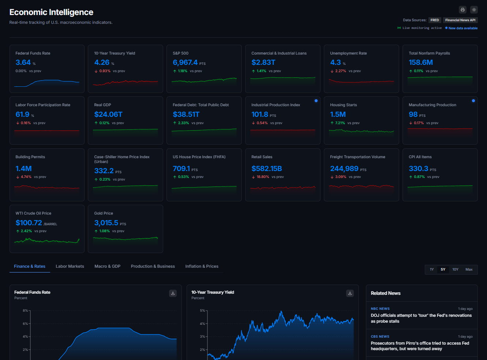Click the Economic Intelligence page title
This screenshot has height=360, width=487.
pyautogui.click(x=51, y=12)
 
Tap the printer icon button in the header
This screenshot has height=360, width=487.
pyautogui.click(x=462, y=10)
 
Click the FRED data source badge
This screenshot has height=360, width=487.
pyautogui.click(x=435, y=20)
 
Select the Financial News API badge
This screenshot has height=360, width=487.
pyautogui.click(x=460, y=20)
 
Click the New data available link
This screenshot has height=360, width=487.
pyautogui.click(x=463, y=28)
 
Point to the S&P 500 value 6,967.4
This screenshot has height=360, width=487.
pyautogui.click(x=185, y=63)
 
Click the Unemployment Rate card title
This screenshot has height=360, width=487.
pyautogui.click(x=348, y=53)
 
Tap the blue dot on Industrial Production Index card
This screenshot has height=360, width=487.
pyautogui.click(x=316, y=101)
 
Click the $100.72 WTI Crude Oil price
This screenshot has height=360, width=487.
pyautogui.click(x=29, y=223)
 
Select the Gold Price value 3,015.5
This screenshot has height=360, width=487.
pyautogui.click(x=106, y=223)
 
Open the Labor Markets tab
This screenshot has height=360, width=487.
pyautogui.click(x=70, y=266)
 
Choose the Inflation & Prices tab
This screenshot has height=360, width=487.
pyautogui.click(x=202, y=266)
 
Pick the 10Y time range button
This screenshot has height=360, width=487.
pyautogui.click(x=455, y=270)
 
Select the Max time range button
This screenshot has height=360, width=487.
pyautogui.click(x=469, y=270)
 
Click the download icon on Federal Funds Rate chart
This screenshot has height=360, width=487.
pyautogui.click(x=173, y=293)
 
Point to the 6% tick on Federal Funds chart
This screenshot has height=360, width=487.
pyautogui.click(x=25, y=324)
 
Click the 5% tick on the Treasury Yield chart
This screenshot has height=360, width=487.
pyautogui.click(x=202, y=311)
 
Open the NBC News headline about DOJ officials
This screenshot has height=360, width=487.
pyautogui.click(x=421, y=318)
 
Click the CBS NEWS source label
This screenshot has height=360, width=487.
pyautogui.click(x=380, y=337)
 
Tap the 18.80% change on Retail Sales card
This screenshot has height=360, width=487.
pyautogui.click(x=263, y=177)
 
